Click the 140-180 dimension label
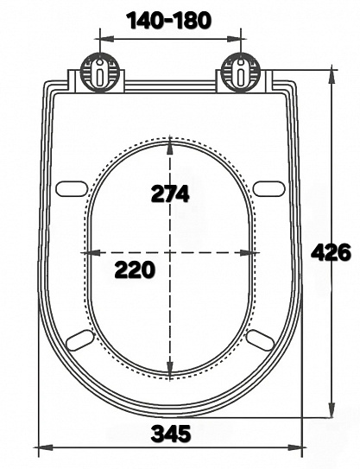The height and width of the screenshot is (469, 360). (x=169, y=21)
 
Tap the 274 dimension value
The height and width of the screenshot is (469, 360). (x=170, y=193)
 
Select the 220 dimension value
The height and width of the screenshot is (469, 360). (x=136, y=269)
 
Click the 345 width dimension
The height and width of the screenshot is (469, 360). (x=171, y=434)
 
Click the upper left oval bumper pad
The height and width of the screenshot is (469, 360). (x=72, y=189)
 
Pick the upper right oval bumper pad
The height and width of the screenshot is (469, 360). (x=269, y=189)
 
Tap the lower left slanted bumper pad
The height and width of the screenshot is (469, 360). (x=79, y=340)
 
